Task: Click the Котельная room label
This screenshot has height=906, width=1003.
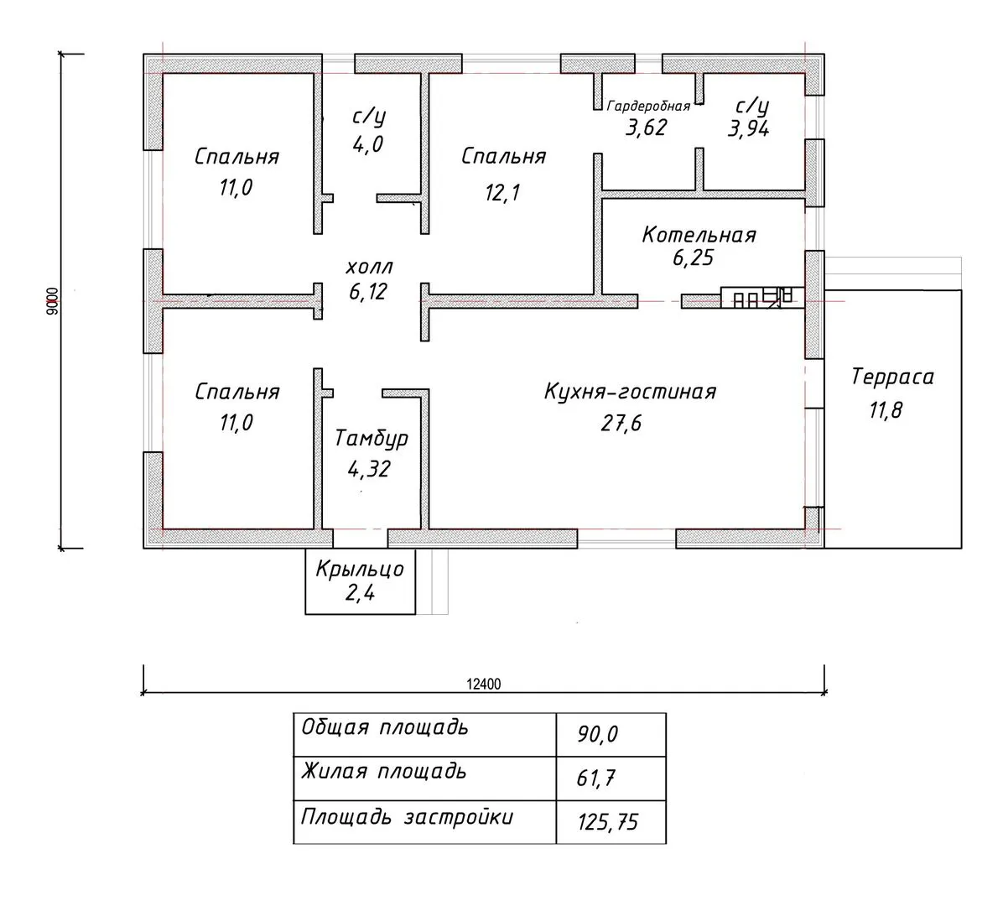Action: (x=699, y=235)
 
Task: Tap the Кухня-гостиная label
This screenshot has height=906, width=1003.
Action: (x=630, y=391)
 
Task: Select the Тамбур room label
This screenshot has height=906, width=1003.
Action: (x=372, y=439)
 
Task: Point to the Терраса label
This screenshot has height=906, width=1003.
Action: (x=892, y=377)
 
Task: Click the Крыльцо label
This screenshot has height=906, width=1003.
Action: (x=360, y=569)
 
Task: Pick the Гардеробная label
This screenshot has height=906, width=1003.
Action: (x=648, y=107)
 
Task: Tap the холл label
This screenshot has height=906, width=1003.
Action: (x=369, y=266)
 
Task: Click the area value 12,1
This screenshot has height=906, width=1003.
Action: (x=502, y=192)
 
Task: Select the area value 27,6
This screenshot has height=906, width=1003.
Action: (x=621, y=423)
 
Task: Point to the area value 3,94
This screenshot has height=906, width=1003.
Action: (x=748, y=128)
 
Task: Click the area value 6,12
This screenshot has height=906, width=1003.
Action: (x=368, y=292)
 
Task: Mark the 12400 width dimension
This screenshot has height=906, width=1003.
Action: (x=484, y=684)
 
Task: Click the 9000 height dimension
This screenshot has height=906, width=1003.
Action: (x=53, y=300)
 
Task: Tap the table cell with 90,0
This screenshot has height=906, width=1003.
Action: (x=597, y=735)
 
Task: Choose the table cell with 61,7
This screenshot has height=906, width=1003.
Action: (x=595, y=778)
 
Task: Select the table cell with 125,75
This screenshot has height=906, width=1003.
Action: (x=608, y=821)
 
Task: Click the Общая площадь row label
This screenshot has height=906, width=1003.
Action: (x=385, y=728)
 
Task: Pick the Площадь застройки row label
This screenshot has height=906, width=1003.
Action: (x=407, y=818)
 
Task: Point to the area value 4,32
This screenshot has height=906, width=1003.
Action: (x=369, y=470)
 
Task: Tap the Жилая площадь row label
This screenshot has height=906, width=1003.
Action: (x=384, y=772)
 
